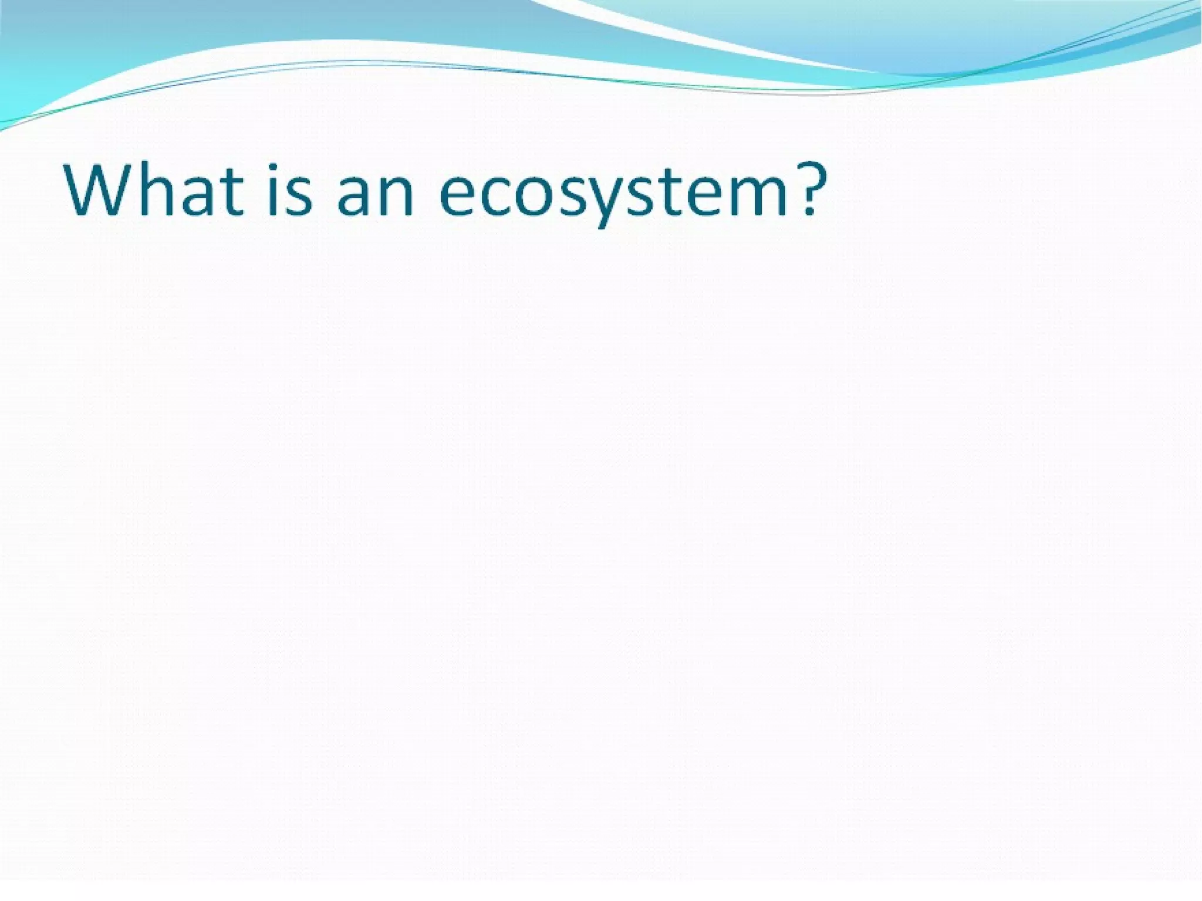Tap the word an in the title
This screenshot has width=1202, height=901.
[x=376, y=194]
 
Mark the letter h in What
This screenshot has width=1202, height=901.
[x=158, y=189]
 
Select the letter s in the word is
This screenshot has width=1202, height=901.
[x=299, y=195]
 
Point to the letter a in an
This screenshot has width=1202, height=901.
[x=356, y=195]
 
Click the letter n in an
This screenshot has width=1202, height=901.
[x=396, y=195]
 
